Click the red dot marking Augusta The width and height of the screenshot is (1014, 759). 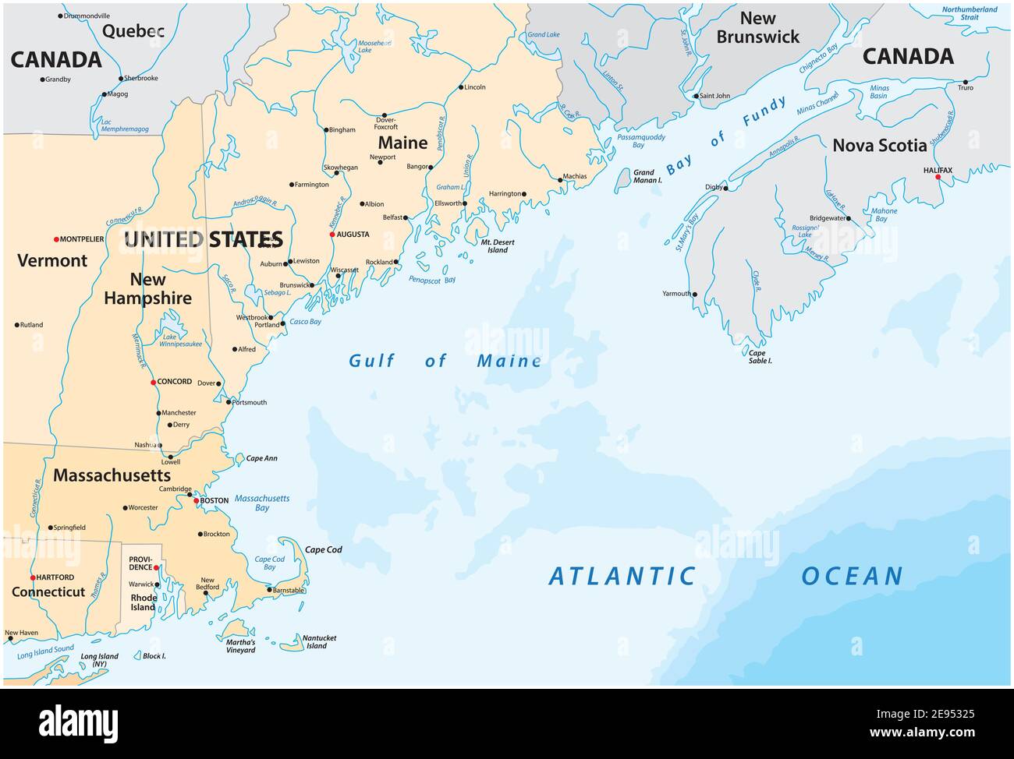click(x=332, y=235)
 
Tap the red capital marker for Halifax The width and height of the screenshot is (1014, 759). click(x=938, y=178)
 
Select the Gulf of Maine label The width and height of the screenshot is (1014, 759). click(x=445, y=361)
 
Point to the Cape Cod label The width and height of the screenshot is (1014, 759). click(x=323, y=549)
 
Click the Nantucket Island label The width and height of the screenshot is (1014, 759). click(x=320, y=642)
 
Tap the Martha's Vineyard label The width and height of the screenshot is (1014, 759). click(x=241, y=646)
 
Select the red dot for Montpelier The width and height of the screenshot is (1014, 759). click(x=56, y=239)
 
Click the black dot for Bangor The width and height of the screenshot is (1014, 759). click(x=431, y=167)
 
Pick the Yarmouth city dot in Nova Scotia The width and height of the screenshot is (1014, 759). click(x=694, y=295)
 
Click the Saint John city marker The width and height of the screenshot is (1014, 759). click(x=696, y=97)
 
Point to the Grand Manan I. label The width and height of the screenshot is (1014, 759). click(x=647, y=176)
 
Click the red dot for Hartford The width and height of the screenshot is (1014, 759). click(x=32, y=577)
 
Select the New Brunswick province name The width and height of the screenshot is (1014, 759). click(x=757, y=27)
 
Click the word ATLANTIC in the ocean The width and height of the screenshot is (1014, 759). click(x=622, y=576)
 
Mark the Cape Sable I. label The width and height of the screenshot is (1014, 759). click(x=756, y=357)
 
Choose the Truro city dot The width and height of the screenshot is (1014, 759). click(x=965, y=82)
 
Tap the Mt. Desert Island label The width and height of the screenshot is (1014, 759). click(x=497, y=246)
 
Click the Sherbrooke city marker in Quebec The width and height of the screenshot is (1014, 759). click(x=121, y=79)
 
